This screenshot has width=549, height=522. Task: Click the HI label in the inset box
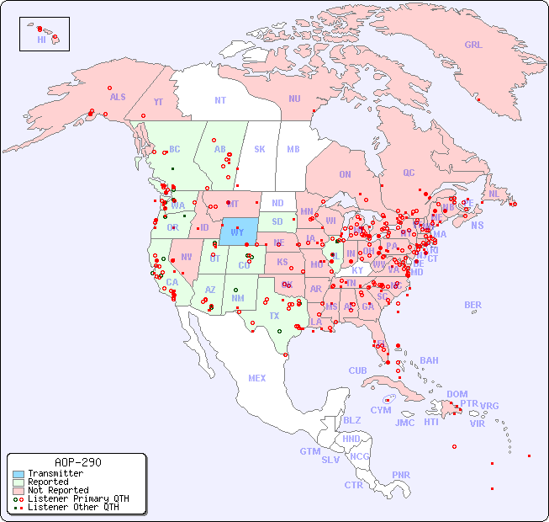pos(41,40)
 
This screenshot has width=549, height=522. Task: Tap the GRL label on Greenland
pos(473,45)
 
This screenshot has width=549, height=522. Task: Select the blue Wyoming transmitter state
pos(239,231)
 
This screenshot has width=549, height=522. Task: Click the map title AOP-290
pos(77,463)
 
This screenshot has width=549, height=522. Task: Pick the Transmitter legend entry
pos(55,474)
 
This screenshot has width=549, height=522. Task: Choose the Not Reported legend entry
pos(58,490)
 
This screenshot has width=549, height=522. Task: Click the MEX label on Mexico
pos(257,378)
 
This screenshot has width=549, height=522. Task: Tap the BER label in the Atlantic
pos(472,305)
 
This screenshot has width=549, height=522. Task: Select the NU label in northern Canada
pos(294,99)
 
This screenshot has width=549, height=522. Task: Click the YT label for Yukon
pos(158,102)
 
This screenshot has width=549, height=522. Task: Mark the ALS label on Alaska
pos(118,97)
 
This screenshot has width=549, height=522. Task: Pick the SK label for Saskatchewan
pos(260,149)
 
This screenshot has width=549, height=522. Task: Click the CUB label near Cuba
pos(357,370)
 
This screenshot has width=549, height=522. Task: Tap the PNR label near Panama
pos(401,475)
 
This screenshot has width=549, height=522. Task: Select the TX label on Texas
pos(273,316)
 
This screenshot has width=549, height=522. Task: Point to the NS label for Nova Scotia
pos(477,225)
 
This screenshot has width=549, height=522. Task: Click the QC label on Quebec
pos(409,173)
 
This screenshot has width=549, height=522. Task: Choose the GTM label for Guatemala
pos(309,451)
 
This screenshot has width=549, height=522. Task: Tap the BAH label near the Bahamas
pos(429,360)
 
